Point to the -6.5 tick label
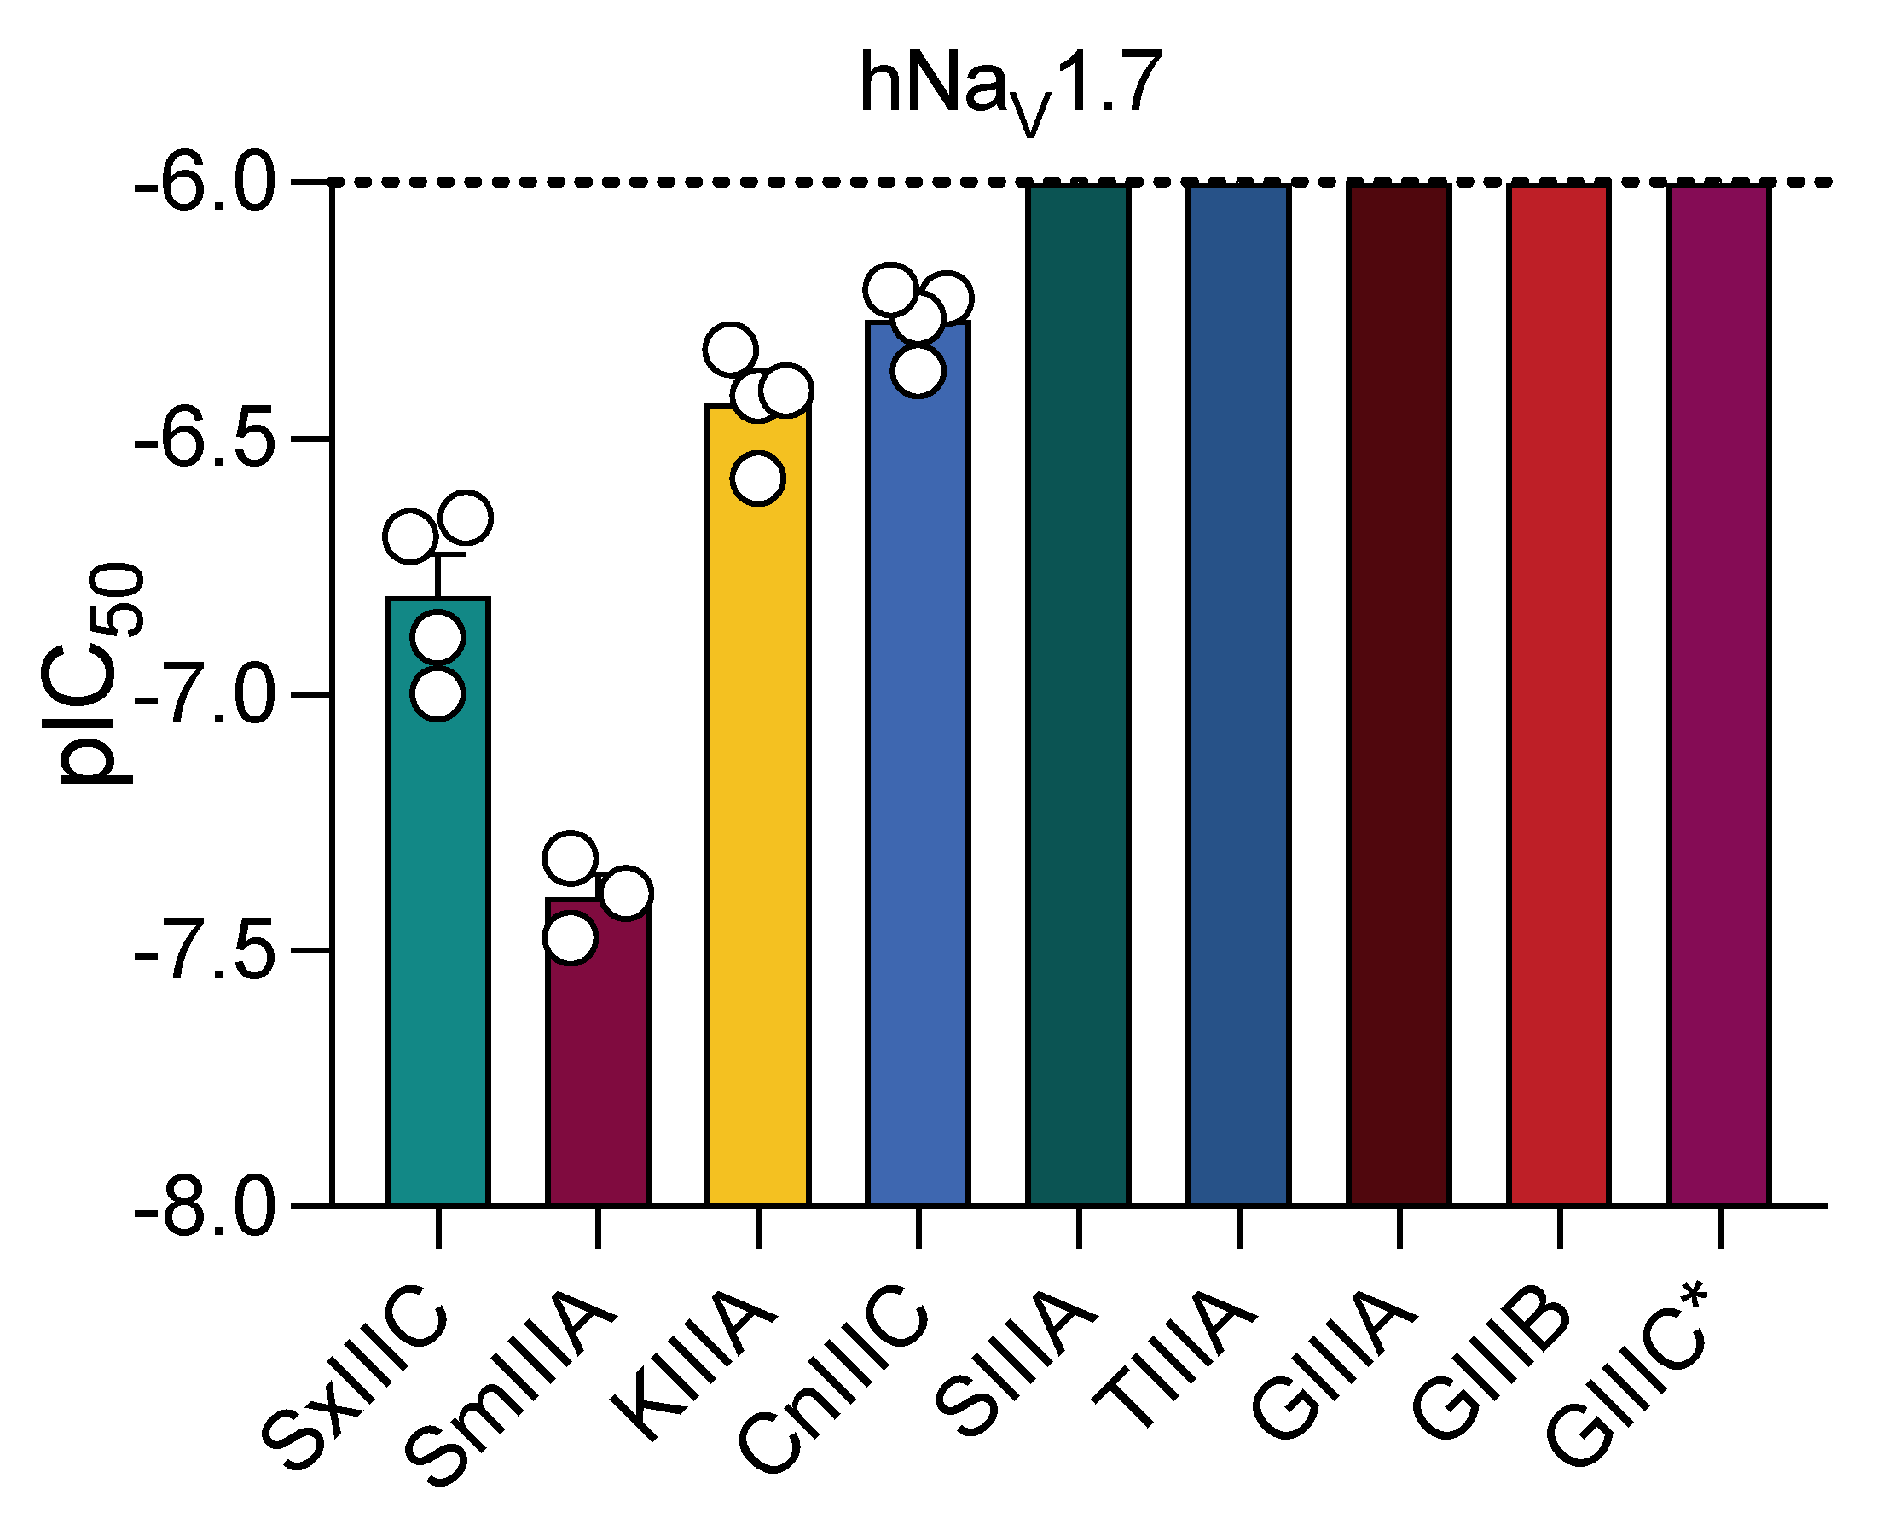(204, 438)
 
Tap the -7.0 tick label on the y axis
(204, 694)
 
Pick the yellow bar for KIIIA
(758, 837)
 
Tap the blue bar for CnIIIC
(918, 793)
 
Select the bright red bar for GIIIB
(1558, 696)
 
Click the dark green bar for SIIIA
(1078, 696)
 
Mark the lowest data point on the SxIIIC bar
(438, 693)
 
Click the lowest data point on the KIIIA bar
(758, 478)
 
